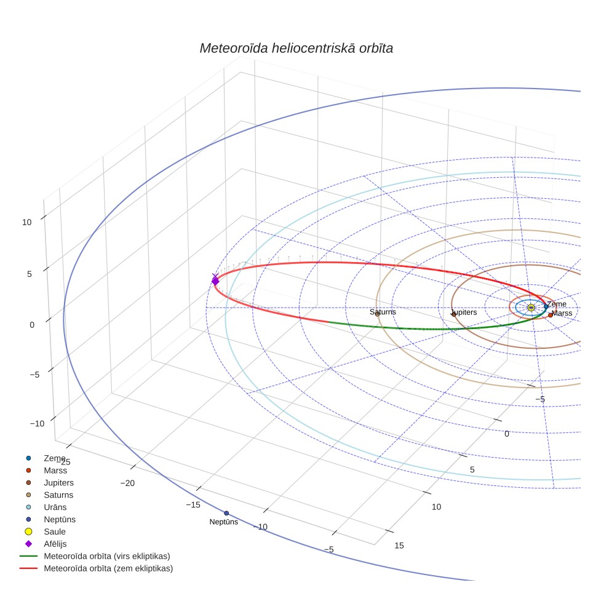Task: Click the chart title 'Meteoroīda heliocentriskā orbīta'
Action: click(x=296, y=49)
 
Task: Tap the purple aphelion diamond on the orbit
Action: click(x=215, y=281)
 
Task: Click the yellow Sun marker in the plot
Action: click(x=531, y=308)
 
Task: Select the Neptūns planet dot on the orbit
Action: click(x=226, y=513)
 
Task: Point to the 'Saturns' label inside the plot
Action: click(x=383, y=312)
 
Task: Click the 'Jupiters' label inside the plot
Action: click(x=464, y=312)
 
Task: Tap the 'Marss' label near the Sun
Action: click(x=562, y=313)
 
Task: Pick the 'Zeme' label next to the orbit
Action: click(x=557, y=304)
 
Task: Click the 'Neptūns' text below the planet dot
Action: click(x=223, y=522)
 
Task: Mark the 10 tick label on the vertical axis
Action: click(x=27, y=223)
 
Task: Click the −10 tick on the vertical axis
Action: click(x=37, y=424)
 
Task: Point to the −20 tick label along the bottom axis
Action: click(x=127, y=483)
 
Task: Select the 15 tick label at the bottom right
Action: click(x=399, y=546)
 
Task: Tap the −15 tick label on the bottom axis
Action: click(x=193, y=505)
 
